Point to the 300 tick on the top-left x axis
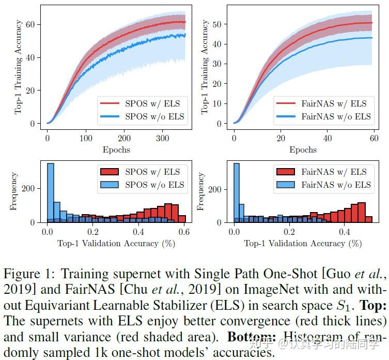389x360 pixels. (162, 139)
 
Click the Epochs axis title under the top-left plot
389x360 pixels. (116, 150)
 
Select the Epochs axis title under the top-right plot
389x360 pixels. (303, 150)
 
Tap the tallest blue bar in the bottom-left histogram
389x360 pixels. (51, 192)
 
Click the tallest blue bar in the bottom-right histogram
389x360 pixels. (237, 192)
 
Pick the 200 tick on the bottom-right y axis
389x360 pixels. (216, 190)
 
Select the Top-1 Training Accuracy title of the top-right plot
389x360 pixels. (205, 67)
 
